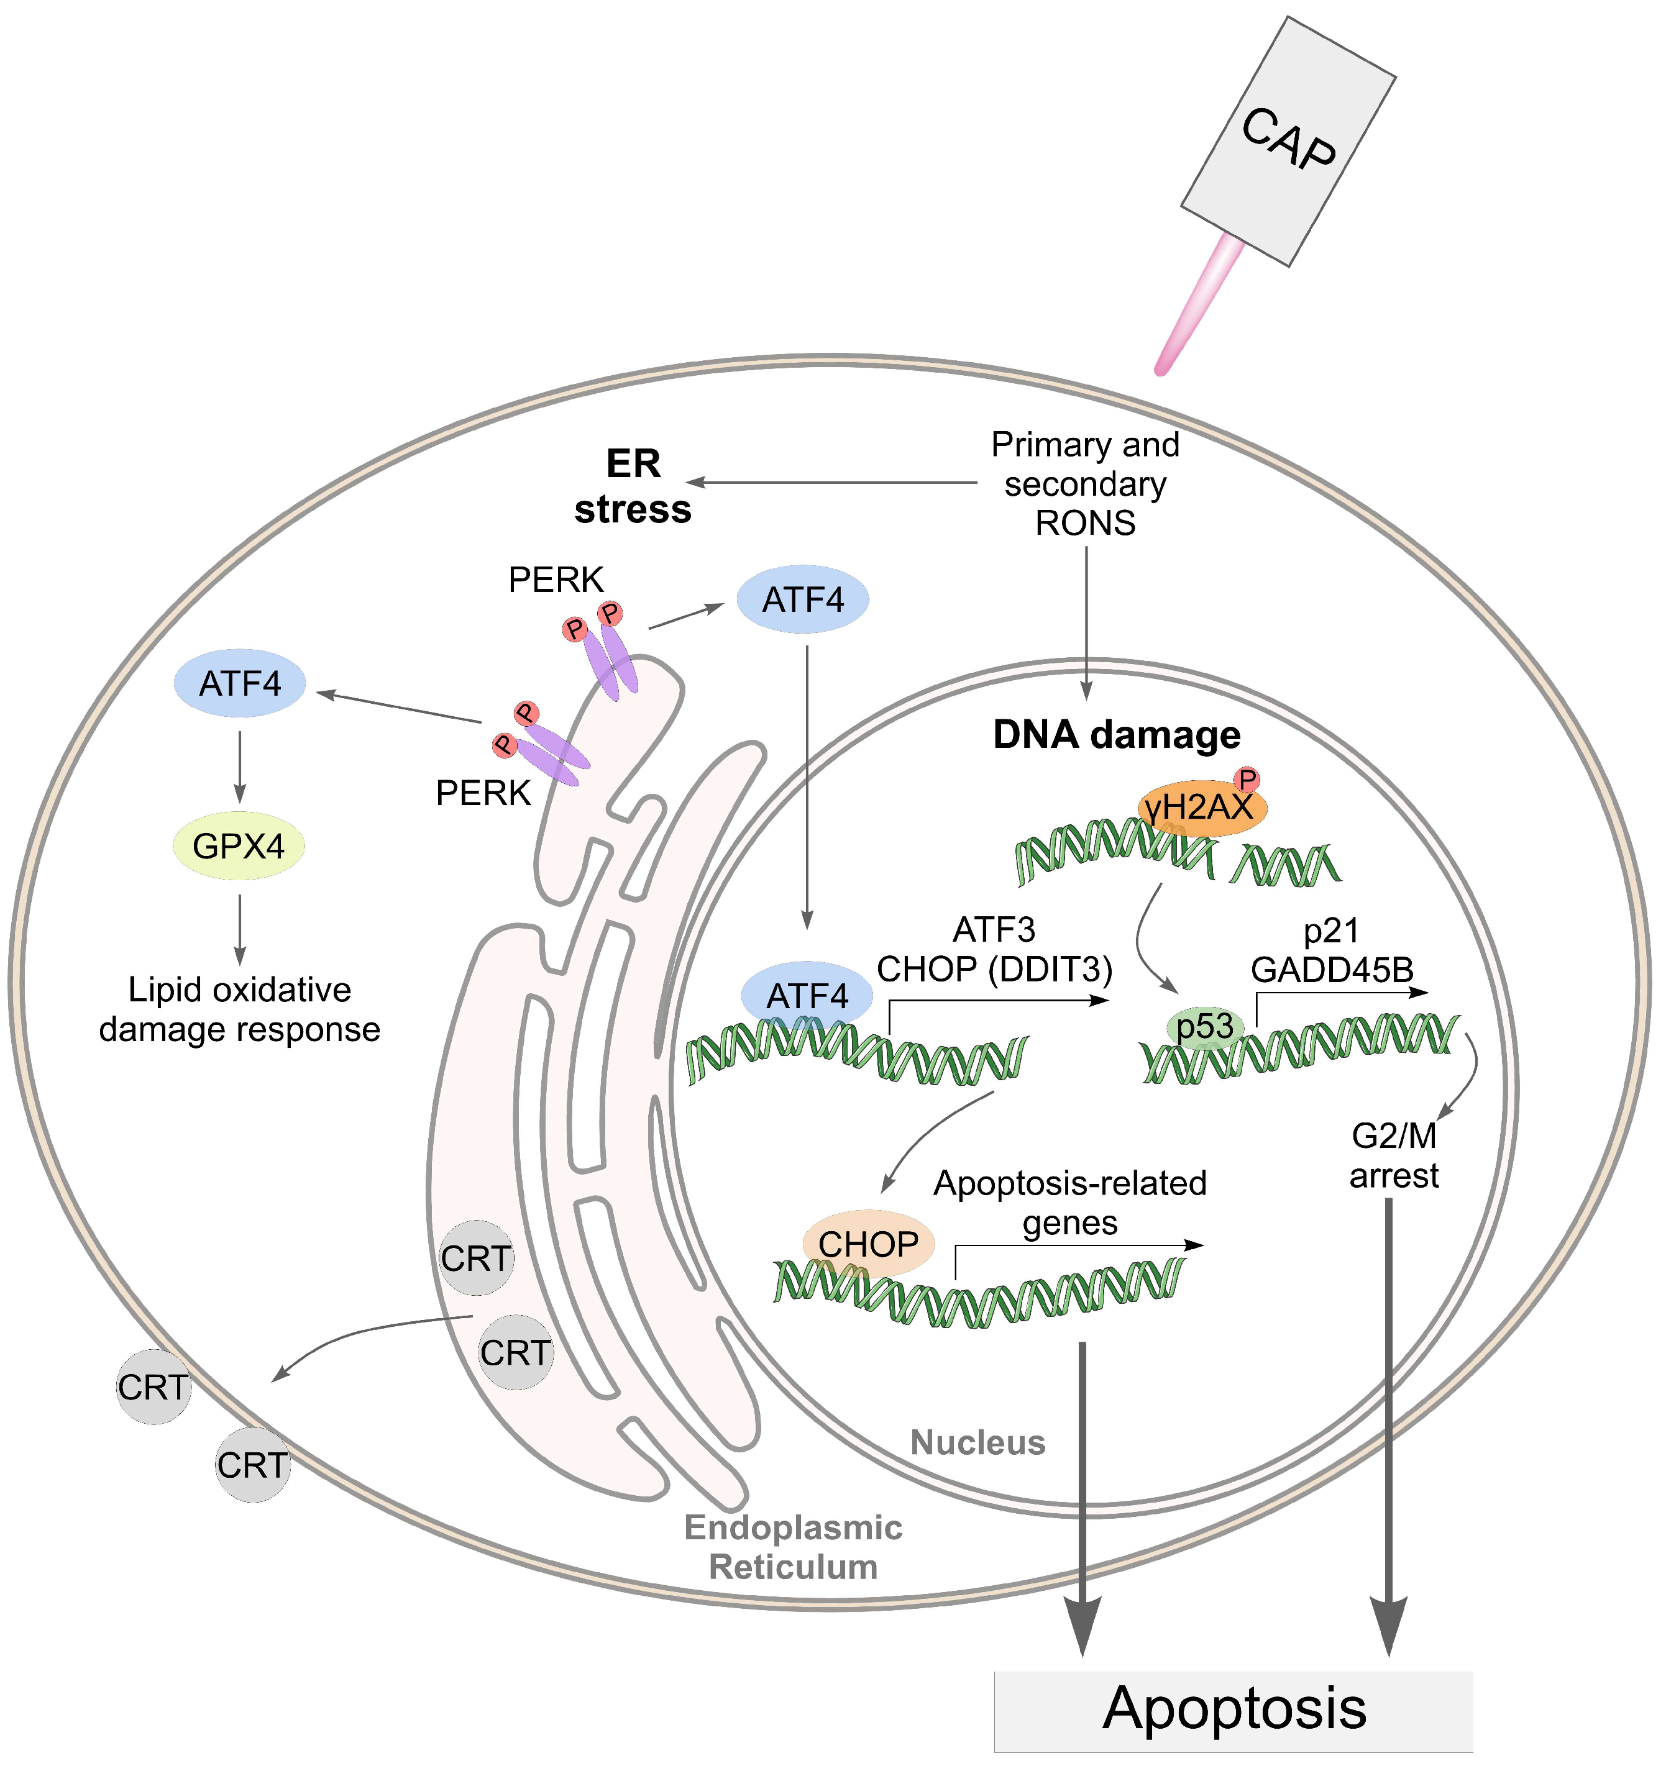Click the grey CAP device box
point(1288,142)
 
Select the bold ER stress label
point(633,487)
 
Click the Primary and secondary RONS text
point(1085,484)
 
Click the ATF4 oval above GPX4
point(240,683)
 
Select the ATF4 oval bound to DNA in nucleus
point(807,996)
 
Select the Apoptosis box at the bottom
point(1233,1708)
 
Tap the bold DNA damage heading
point(1116,735)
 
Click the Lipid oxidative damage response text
point(240,1010)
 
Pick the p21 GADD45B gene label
point(1331,950)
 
